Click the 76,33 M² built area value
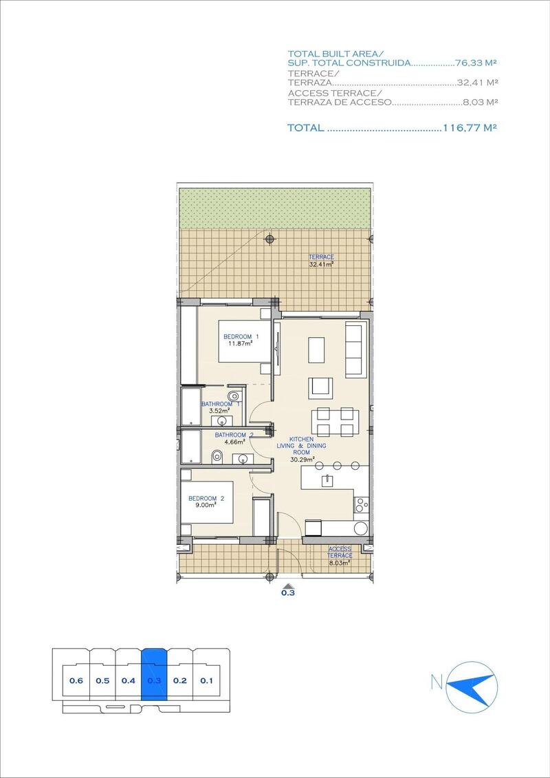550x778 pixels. tap(476, 63)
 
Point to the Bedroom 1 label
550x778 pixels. tap(238, 336)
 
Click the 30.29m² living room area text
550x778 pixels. tap(302, 460)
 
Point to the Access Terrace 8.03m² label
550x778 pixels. tap(340, 556)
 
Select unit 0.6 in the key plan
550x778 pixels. tap(76, 681)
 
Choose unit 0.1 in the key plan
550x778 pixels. tap(206, 681)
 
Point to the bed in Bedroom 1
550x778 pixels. tap(241, 341)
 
